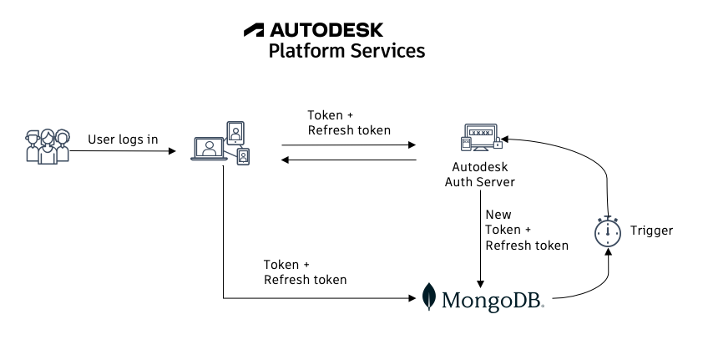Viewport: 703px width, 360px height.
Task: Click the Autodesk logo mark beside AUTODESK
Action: tap(254, 30)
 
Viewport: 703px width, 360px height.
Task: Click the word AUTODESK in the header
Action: tap(326, 30)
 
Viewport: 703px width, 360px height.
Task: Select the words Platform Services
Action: tap(346, 51)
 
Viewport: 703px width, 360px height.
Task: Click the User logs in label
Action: tap(123, 139)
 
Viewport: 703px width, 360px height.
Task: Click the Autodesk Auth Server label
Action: tap(479, 175)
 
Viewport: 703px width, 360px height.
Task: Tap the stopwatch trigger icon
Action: tap(609, 231)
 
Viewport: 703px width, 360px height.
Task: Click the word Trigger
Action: tap(651, 231)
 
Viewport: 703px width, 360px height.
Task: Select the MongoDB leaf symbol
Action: tap(429, 297)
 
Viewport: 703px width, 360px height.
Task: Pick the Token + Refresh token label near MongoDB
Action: tap(305, 271)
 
